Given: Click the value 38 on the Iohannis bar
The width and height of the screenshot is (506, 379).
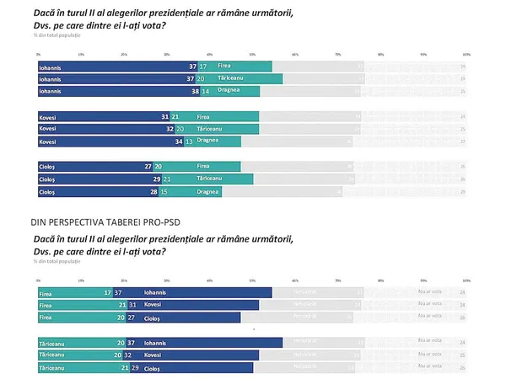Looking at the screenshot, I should (193, 90).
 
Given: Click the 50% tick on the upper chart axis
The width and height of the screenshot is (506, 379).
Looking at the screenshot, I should (252, 54).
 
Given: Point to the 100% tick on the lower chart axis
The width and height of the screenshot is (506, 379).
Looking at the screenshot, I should (466, 280).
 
